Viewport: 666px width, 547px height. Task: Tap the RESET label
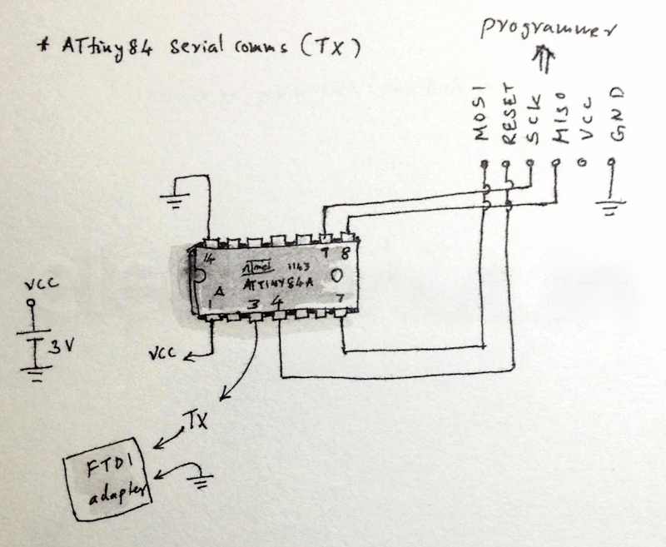click(509, 116)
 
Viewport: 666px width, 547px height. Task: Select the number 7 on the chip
click(340, 299)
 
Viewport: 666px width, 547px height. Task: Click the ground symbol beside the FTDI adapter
click(201, 478)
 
